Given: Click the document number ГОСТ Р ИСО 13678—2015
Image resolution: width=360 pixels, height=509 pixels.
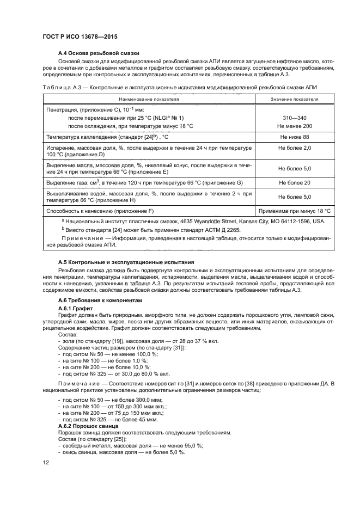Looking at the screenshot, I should click(80, 38).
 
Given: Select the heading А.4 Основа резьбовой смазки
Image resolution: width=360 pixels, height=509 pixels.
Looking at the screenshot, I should click(99, 53).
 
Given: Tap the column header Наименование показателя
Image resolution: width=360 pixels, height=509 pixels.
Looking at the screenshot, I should click(158, 99).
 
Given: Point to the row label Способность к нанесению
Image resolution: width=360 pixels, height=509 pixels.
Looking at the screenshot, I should click(108, 210).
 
